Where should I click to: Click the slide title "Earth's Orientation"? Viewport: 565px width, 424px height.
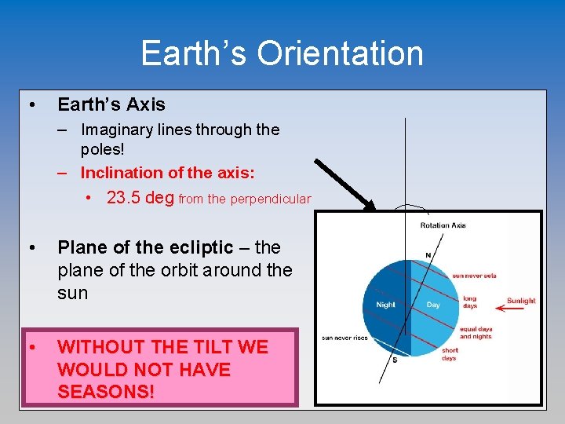282,53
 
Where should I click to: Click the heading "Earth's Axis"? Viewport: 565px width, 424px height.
111,104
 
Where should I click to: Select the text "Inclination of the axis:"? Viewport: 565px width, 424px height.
167,172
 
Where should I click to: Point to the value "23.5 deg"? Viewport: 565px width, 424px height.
140,198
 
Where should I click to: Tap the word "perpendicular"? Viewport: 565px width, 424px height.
270,199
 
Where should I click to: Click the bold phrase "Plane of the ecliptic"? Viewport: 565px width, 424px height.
145,247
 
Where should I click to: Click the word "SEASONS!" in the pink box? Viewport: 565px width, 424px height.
106,392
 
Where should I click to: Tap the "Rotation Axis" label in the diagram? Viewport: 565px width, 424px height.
443,225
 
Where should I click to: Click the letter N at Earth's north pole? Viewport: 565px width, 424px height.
428,255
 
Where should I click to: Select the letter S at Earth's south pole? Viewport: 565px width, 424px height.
394,360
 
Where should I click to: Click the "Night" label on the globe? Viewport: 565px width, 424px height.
386,305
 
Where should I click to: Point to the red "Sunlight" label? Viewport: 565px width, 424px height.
520,300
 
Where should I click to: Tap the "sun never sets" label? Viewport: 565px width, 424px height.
474,276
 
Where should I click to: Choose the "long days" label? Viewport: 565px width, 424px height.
469,302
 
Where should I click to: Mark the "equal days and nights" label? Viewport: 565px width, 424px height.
476,333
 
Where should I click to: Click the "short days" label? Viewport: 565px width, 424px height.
449,355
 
